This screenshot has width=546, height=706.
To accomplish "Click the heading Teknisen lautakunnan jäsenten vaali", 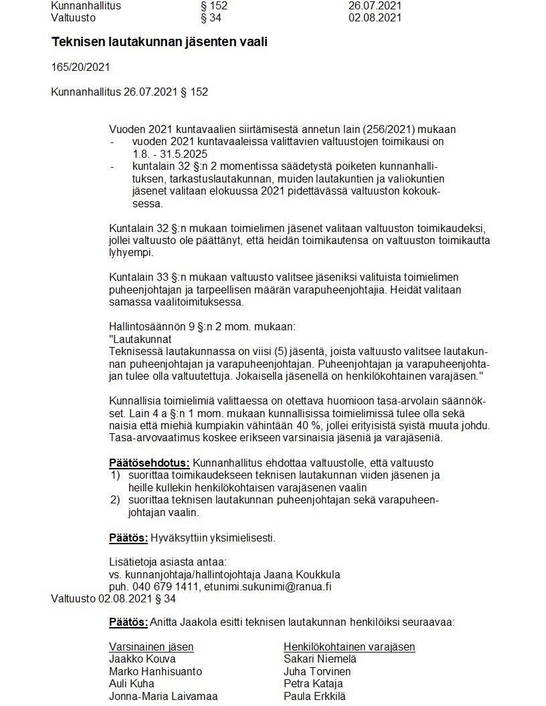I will point(163,42).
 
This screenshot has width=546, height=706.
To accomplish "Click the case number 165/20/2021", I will point(80,68).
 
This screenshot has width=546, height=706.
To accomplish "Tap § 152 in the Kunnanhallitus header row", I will point(214,5).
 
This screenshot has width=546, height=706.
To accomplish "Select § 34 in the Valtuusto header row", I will point(211,17).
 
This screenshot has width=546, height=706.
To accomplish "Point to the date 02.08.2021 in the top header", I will point(375,17).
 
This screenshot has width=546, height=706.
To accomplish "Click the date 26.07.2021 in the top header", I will point(375,5).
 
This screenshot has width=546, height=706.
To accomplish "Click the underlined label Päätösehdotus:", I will point(149,463).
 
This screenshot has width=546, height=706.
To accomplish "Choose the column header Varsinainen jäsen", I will point(151,646).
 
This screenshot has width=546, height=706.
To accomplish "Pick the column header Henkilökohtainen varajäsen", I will point(349,646).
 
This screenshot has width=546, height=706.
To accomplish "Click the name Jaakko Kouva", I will point(142,659).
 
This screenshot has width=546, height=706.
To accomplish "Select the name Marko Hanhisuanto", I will point(155,671).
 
